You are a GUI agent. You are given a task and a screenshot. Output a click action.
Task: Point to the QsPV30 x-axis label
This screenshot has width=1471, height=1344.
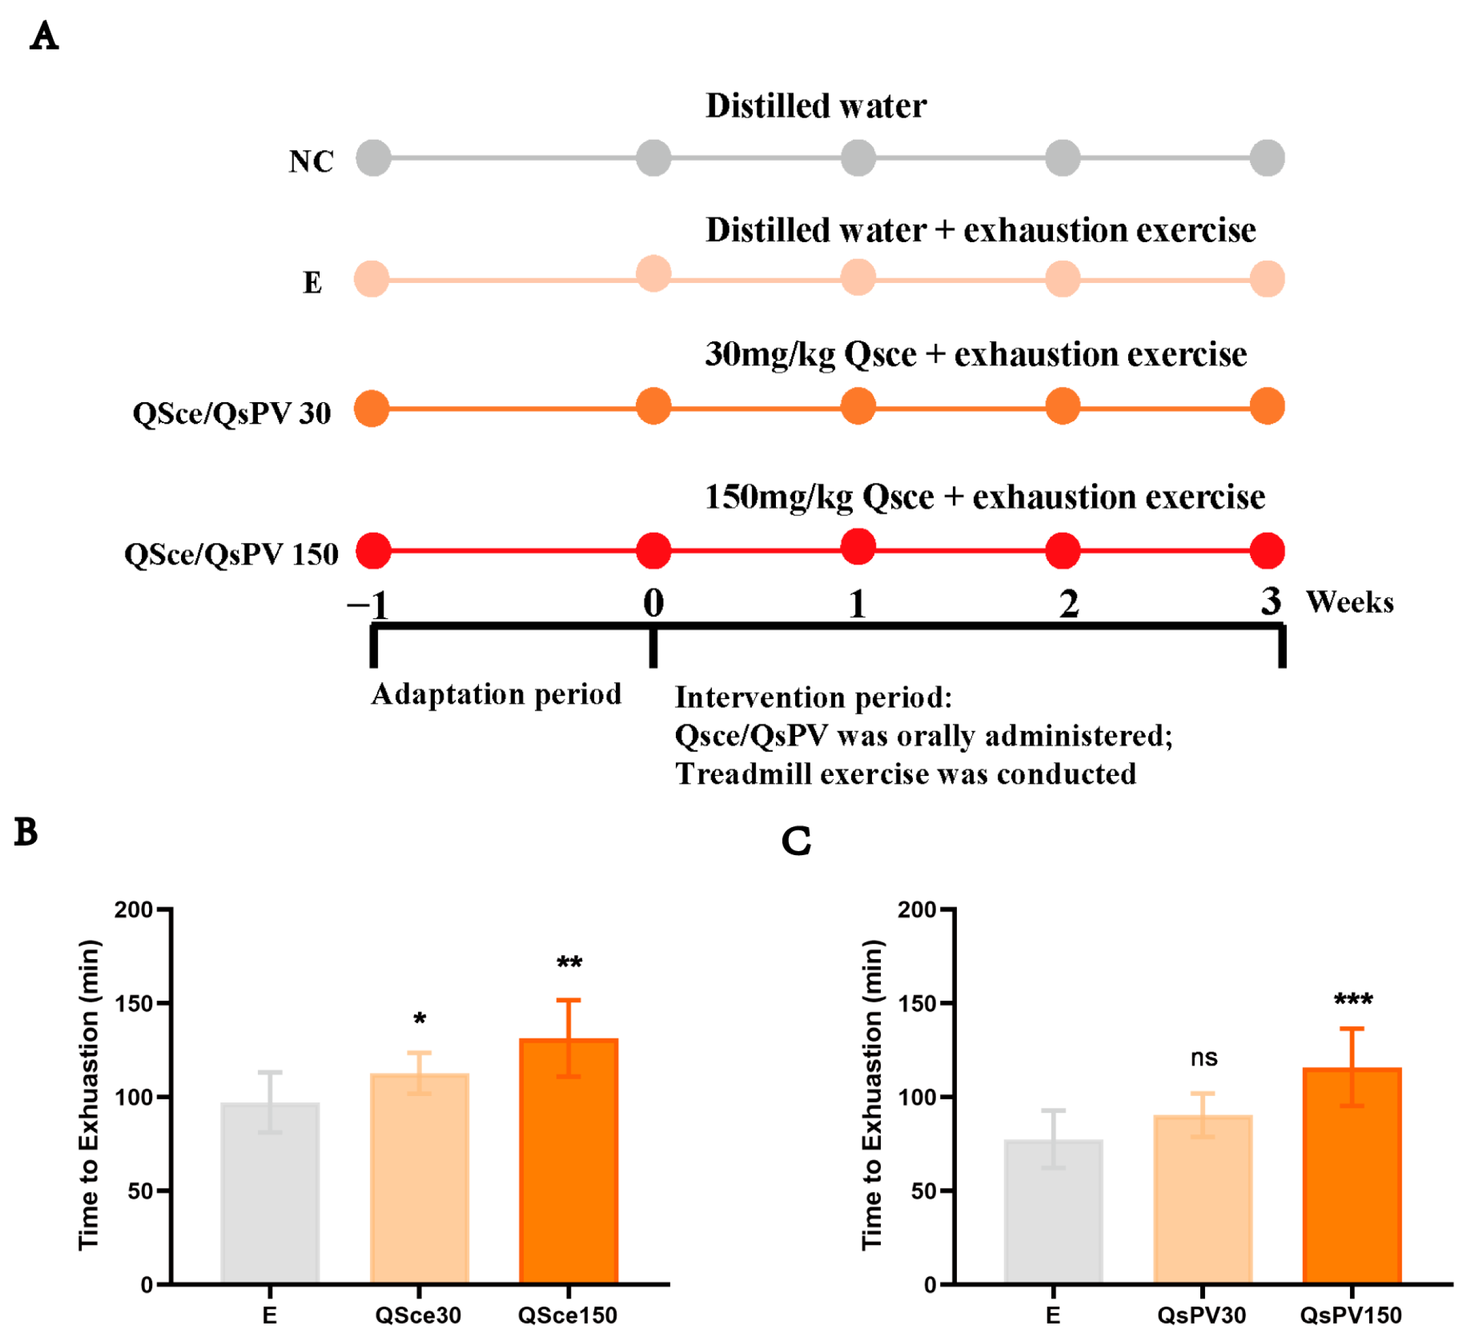[1201, 1315]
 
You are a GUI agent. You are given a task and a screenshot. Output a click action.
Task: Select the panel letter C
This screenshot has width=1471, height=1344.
[796, 841]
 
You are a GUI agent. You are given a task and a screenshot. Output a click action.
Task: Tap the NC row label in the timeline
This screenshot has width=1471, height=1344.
[311, 161]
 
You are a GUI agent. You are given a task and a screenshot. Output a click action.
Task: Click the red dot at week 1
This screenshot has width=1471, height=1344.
[858, 547]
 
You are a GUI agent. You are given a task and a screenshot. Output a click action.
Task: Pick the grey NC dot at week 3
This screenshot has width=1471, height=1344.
[1267, 158]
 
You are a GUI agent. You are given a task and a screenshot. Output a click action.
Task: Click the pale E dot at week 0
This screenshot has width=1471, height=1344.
[654, 274]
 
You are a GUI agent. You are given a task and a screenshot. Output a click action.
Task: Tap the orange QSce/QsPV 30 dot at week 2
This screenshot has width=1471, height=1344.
[1062, 406]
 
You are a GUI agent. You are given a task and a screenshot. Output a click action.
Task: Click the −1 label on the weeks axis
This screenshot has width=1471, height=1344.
[368, 604]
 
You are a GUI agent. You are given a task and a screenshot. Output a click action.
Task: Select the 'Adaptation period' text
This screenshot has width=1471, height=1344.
[496, 694]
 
